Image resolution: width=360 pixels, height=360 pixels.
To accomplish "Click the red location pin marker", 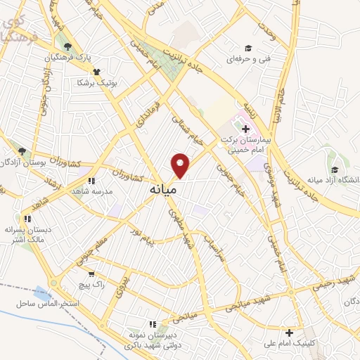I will coord(181,165).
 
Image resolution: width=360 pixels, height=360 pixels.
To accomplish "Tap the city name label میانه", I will coord(162,189).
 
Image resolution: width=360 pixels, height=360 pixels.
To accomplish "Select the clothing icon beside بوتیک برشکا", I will coord(96,71).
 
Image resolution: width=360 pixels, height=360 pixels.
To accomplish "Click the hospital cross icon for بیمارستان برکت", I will coord(245,129).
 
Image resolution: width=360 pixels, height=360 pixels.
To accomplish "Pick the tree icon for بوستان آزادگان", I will coord(22,150).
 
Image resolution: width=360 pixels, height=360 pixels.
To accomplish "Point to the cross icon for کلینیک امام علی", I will coord(289,332).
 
